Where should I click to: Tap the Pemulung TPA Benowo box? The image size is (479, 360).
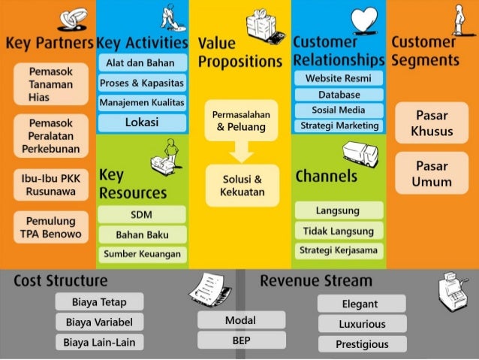click(x=50, y=227)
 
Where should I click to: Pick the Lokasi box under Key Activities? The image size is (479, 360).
click(x=141, y=123)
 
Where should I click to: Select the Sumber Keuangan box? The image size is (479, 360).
click(x=141, y=254)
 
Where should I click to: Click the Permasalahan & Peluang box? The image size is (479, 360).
click(x=240, y=121)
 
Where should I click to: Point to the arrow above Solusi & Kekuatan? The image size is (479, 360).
click(x=240, y=152)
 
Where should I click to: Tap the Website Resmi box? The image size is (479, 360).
click(x=339, y=79)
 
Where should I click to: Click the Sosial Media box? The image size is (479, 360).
click(x=339, y=110)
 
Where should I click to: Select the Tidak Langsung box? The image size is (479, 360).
click(x=339, y=230)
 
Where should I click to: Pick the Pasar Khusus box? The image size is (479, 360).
click(x=432, y=123)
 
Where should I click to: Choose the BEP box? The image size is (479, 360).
click(x=241, y=340)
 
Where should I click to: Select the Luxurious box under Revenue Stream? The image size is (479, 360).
click(x=362, y=325)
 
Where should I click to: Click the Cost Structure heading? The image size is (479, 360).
click(x=61, y=281)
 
